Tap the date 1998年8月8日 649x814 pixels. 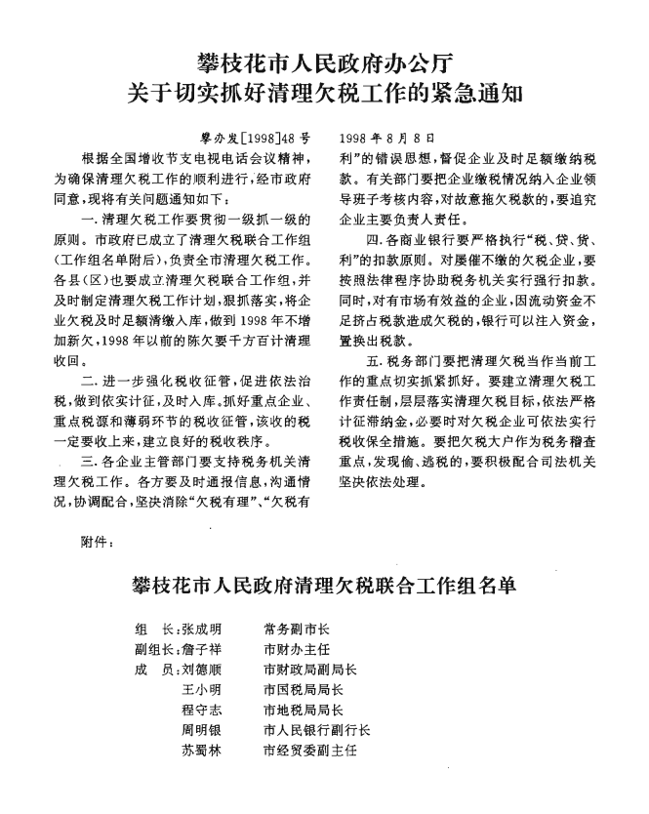point(386,139)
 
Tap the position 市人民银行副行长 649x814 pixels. point(316,730)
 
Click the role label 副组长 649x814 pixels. point(153,648)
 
